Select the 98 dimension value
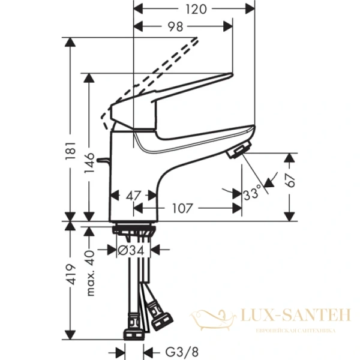[175, 27]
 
